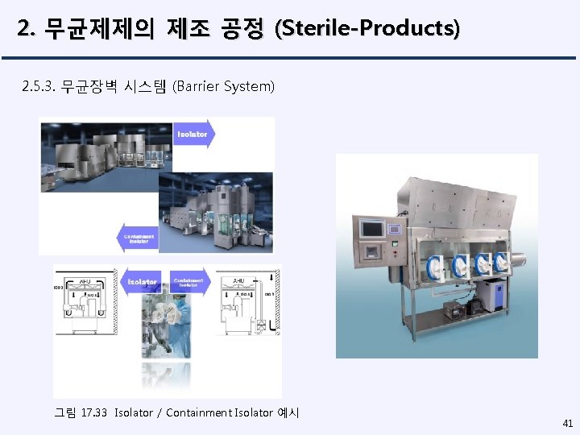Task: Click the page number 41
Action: pos(567,422)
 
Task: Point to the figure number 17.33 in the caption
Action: pos(93,413)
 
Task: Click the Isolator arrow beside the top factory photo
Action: pos(193,134)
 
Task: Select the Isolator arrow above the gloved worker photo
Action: pos(144,282)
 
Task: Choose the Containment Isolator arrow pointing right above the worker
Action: pos(190,282)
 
